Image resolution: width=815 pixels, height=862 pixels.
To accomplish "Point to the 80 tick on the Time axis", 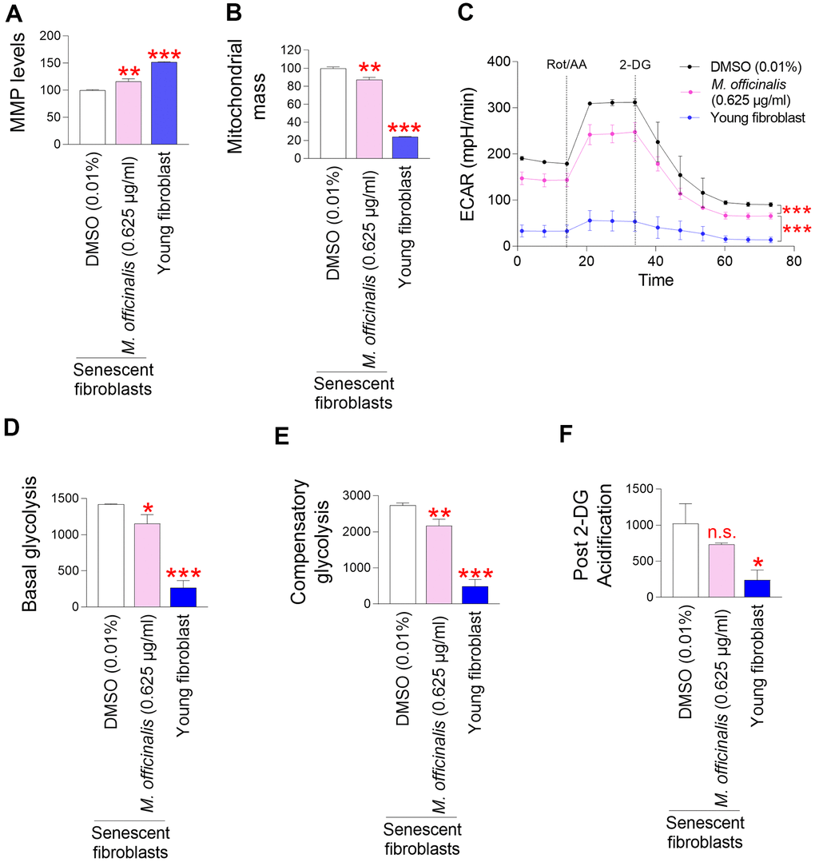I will (793, 261).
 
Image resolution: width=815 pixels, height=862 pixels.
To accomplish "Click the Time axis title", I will (654, 280).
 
